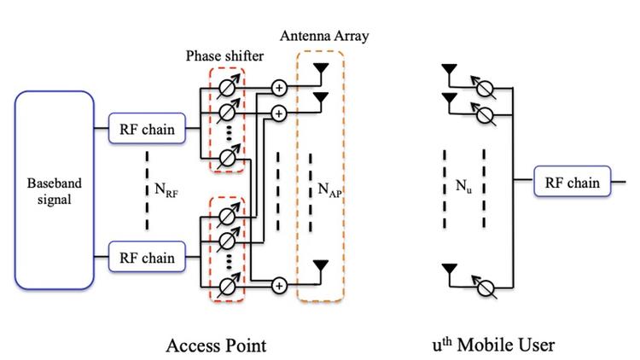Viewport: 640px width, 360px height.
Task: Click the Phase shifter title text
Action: pyautogui.click(x=225, y=56)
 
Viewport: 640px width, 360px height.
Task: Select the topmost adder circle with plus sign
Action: pyautogui.click(x=279, y=87)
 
